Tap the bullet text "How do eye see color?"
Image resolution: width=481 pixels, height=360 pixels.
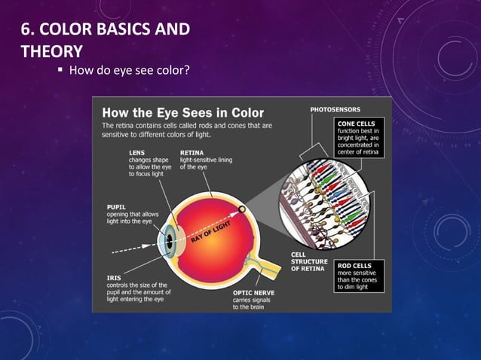pos(128,72)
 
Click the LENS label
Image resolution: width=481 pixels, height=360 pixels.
pos(138,151)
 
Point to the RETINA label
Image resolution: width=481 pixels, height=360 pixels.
pos(191,151)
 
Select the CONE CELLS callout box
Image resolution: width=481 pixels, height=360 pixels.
pos(360,137)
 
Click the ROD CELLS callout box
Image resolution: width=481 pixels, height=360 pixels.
pos(359,275)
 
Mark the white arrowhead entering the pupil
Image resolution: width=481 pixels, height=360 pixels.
pos(155,249)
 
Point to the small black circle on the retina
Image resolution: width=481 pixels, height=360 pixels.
pos(240,209)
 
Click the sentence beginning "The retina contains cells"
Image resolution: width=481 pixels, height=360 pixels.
pos(188,129)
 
